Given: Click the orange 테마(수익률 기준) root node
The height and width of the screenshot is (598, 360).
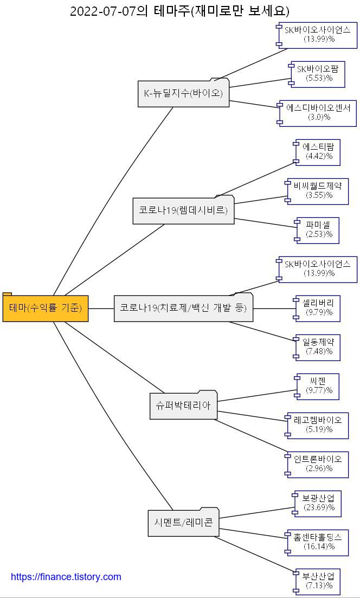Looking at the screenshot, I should click(x=46, y=308).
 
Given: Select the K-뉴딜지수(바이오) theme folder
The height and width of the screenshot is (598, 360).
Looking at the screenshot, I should click(x=183, y=93).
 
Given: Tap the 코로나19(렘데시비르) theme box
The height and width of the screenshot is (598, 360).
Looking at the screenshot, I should click(x=183, y=210).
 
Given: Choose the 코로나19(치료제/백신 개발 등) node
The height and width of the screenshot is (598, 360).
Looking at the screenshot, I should click(x=183, y=308).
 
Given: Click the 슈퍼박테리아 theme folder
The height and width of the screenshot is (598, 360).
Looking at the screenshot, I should click(x=183, y=405).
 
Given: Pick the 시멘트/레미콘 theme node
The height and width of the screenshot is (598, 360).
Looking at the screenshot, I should click(x=183, y=522).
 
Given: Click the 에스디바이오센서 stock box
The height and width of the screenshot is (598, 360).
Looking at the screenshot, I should click(x=318, y=112).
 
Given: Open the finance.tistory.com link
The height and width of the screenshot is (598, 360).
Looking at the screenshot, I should click(x=66, y=577).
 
